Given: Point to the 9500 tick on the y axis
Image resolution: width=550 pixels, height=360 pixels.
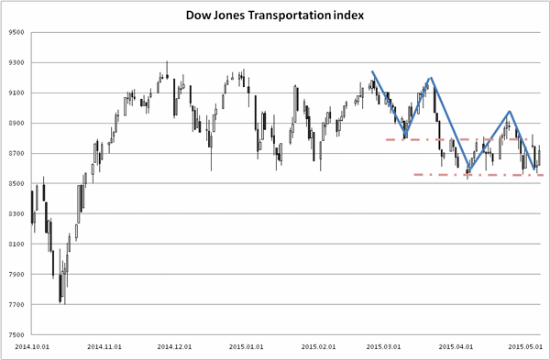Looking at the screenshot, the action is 17,33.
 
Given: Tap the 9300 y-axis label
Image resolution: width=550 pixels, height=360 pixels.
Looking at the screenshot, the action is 17,62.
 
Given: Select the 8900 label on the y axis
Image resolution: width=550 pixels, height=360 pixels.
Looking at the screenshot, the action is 17,124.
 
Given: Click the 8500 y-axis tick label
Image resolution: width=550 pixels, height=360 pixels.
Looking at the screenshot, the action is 17,184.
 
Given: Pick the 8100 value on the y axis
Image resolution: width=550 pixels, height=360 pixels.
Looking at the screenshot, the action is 17,245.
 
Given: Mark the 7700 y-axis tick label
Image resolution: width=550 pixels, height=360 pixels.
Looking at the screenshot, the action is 17,305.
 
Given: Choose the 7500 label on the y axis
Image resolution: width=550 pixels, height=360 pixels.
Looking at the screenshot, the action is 17,334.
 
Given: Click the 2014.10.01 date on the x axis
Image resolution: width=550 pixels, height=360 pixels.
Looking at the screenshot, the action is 32,346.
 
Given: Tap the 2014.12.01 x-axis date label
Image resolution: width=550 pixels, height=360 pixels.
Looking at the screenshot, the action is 174,346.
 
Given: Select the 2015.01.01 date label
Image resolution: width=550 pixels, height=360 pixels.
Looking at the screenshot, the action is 246,346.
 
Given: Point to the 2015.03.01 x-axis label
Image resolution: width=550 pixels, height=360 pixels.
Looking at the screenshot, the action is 383,346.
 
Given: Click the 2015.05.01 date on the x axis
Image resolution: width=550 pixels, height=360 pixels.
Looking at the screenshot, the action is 525,346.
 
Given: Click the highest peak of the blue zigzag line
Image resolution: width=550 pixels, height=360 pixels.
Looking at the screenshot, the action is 372,71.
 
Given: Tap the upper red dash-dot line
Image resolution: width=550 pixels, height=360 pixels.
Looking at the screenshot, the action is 456,139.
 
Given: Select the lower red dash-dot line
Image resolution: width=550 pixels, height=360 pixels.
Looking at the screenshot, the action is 478,175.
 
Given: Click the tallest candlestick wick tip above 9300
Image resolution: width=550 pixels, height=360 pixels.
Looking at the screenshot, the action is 167,61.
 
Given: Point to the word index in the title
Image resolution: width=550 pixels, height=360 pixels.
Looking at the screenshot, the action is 348,16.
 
